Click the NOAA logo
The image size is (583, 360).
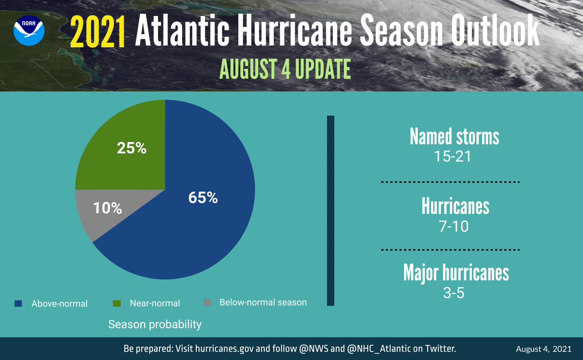coord(29,30)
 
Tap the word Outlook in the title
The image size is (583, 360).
coord(495,32)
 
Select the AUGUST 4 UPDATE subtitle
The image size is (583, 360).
coord(285,69)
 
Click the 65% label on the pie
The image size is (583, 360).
coord(203,198)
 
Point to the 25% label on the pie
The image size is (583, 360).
coord(132,148)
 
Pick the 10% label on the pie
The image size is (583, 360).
coord(107,208)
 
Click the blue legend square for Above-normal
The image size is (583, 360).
coord(18,303)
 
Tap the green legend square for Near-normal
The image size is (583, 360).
coord(117,303)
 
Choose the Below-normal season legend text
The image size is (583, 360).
coord(263,302)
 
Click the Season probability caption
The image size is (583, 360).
coord(155,325)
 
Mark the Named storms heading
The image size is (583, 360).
coord(454,137)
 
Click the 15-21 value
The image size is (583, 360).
coord(452,157)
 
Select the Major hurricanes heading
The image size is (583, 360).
coord(456,273)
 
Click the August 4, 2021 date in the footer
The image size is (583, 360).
coord(543,349)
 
